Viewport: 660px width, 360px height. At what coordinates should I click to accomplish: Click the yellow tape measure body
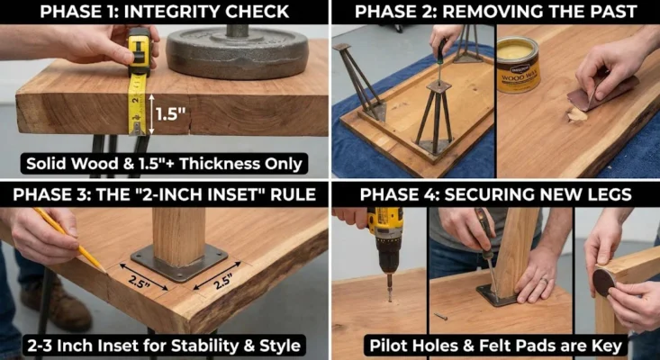point(139,51)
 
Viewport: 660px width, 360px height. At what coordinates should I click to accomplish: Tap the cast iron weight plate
point(238,52)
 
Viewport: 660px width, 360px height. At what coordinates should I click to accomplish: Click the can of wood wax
point(518,64)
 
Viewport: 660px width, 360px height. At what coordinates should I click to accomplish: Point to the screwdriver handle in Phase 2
point(440,49)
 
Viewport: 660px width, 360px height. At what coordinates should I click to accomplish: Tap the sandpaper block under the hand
point(601,94)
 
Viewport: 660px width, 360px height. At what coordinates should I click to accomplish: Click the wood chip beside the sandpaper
point(576,114)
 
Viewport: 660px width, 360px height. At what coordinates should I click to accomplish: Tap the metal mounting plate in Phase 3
point(179,262)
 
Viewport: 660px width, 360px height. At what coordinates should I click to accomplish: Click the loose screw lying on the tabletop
point(440,315)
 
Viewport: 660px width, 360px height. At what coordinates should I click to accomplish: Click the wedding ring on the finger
point(545,280)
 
